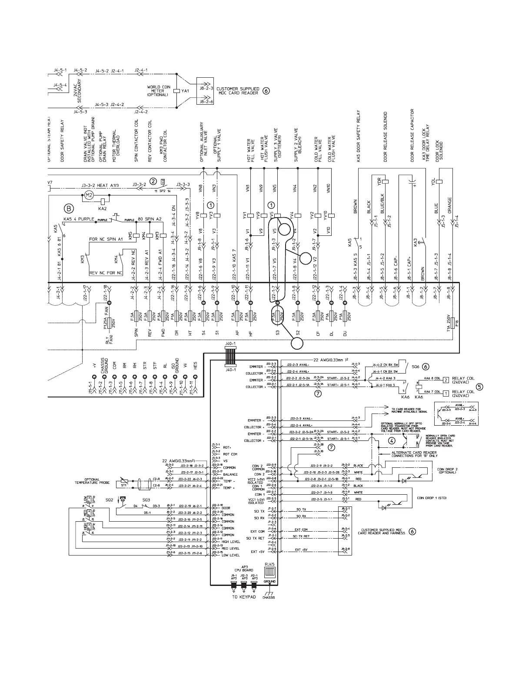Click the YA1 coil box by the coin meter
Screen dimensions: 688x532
pyautogui.click(x=176, y=91)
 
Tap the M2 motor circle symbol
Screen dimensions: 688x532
pyautogui.click(x=89, y=195)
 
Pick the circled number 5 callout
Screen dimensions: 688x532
pyautogui.click(x=479, y=386)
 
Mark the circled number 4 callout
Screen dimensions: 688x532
pyautogui.click(x=392, y=440)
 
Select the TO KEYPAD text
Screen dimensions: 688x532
pyautogui.click(x=245, y=598)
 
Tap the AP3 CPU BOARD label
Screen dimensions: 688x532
pyautogui.click(x=244, y=568)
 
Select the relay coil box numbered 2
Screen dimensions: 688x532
pyautogui.click(x=446, y=380)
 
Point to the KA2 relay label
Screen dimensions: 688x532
pyautogui.click(x=103, y=208)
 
